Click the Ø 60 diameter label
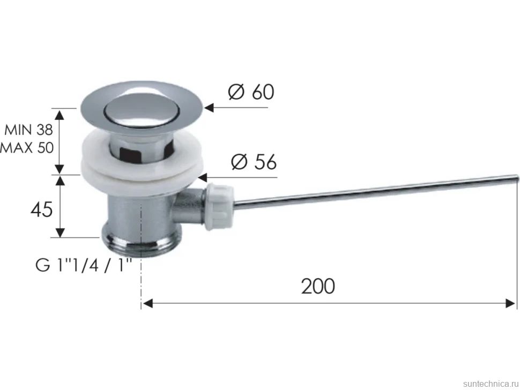pos(251,92)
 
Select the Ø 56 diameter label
pos(254,162)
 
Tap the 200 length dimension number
pos(318,286)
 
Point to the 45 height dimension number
pos(41,209)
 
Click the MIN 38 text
pos(28,130)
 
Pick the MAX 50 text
pos(26,148)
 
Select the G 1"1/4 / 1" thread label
pos(84,265)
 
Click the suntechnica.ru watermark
pos(491,384)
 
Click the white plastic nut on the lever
pos(220,207)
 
